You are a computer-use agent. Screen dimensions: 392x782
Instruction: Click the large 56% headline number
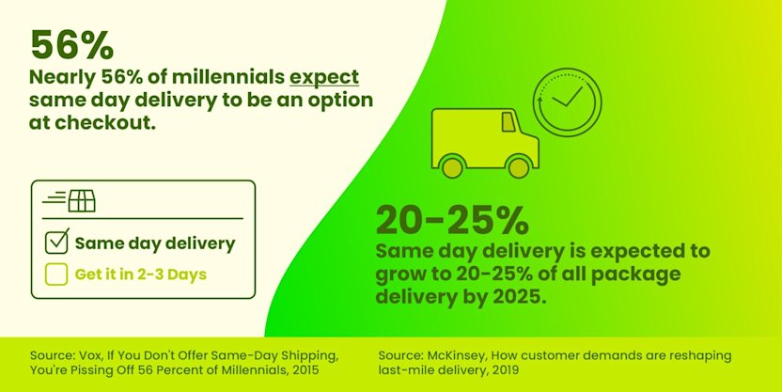pos(72,43)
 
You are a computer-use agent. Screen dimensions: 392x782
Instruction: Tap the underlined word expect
pos(324,77)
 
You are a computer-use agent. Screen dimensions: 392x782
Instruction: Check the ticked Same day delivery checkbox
pos(57,243)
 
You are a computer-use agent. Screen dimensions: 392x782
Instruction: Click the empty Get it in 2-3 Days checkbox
pos(56,274)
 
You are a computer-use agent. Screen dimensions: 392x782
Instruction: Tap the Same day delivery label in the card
pos(155,243)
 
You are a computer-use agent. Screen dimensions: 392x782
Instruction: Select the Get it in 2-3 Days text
pos(141,274)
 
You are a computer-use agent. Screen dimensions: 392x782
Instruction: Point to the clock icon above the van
pos(567,102)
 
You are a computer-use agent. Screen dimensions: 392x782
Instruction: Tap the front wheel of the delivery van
pos(518,166)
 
